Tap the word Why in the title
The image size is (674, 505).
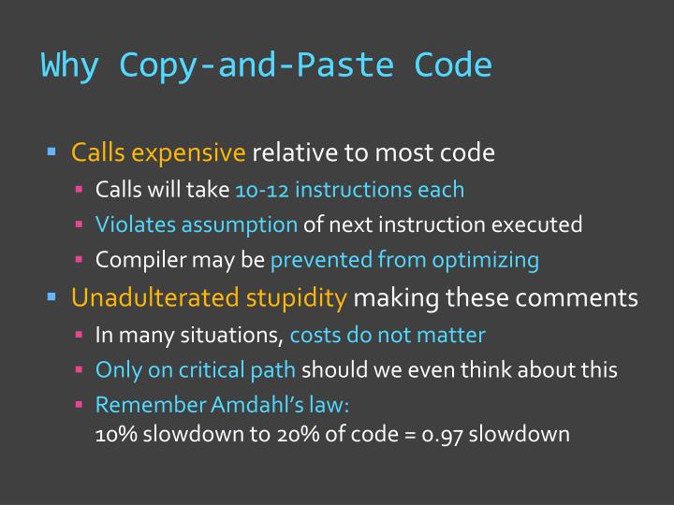[71, 65]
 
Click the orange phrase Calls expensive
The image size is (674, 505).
[159, 151]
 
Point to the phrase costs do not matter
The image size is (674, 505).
[388, 335]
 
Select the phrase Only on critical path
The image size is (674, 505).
[196, 369]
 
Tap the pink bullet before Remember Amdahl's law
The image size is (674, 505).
[81, 405]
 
